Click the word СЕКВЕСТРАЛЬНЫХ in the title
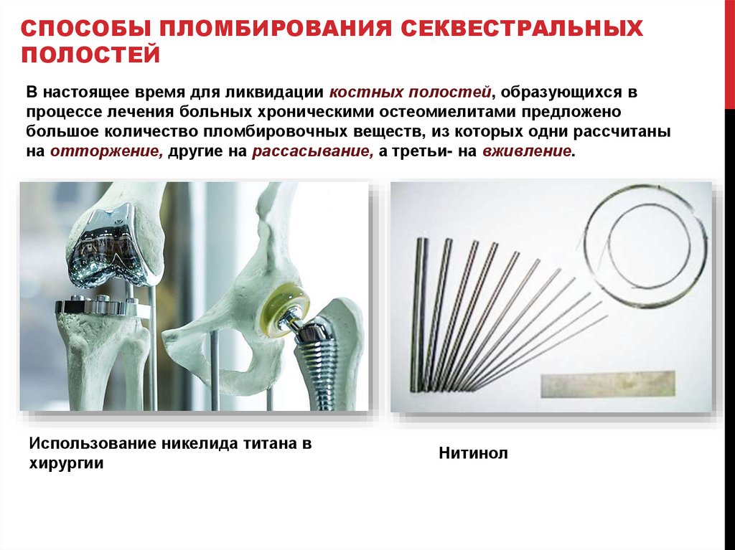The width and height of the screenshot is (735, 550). [521, 29]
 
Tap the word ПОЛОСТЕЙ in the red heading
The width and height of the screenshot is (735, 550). [90, 54]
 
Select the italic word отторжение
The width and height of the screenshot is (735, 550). [107, 152]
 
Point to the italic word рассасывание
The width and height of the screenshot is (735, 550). [313, 152]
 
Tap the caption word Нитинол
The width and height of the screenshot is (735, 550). [473, 453]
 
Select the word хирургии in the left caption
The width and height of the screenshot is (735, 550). [66, 463]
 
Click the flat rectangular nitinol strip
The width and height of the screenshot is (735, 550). [608, 384]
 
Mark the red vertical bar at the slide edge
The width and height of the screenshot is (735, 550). [729, 54]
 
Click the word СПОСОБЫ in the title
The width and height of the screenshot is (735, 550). [86, 29]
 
